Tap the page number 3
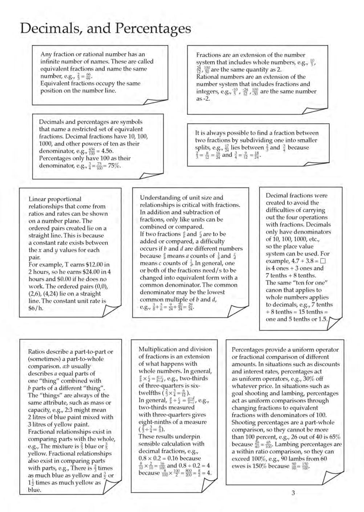[293, 493]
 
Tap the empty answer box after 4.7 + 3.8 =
[323, 261]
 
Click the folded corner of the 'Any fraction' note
[155, 101]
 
